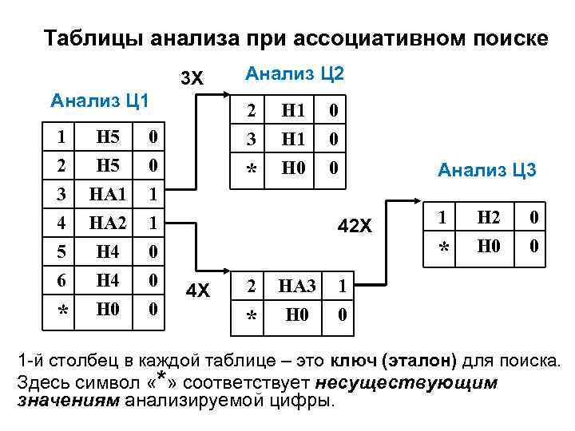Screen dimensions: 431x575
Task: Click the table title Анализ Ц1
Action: [100, 101]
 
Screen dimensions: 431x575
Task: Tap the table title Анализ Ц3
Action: [486, 169]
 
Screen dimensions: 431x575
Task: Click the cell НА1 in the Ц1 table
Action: [108, 195]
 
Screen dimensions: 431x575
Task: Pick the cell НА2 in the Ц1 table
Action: [108, 224]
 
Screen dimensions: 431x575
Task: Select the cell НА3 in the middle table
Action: [297, 286]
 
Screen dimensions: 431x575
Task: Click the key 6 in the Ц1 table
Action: [62, 281]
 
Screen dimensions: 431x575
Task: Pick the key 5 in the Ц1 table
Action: [62, 253]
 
